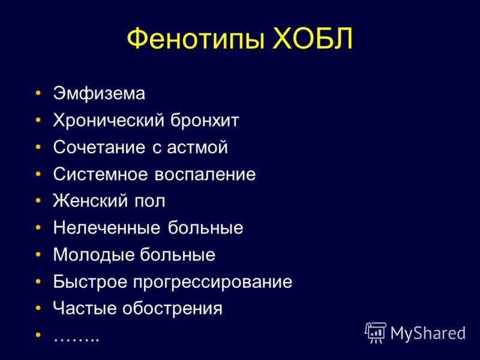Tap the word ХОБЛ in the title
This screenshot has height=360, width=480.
312,40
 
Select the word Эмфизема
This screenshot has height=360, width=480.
99,94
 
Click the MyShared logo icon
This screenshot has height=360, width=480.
376,332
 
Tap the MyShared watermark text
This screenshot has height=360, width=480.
428,333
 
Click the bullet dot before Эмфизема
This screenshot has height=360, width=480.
39,94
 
